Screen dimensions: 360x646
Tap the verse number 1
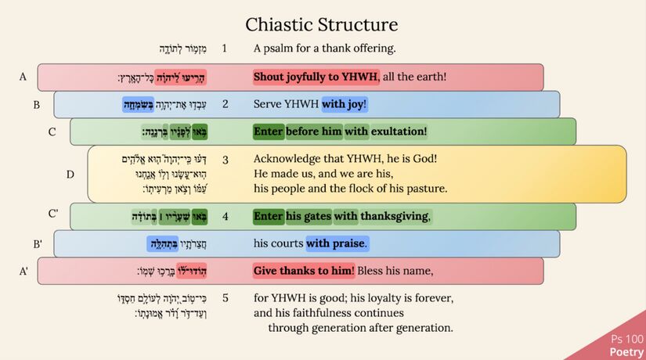pos(225,49)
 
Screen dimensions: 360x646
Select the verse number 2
pos(225,103)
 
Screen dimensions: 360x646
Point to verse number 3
pos(225,159)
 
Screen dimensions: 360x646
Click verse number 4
pos(225,216)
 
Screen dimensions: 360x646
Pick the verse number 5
pos(225,298)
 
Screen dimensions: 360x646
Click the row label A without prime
pos(23,77)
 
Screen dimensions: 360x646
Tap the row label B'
pos(37,244)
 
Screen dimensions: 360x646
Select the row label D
pos(70,174)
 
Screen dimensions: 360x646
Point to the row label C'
pos(53,214)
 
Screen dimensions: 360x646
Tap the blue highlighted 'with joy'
pos(343,103)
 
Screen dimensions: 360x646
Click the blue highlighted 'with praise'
pos(336,243)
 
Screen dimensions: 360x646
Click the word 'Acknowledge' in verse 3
pos(287,159)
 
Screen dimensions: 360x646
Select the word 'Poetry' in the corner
pos(626,352)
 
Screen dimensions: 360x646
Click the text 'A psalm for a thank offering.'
pos(324,49)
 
